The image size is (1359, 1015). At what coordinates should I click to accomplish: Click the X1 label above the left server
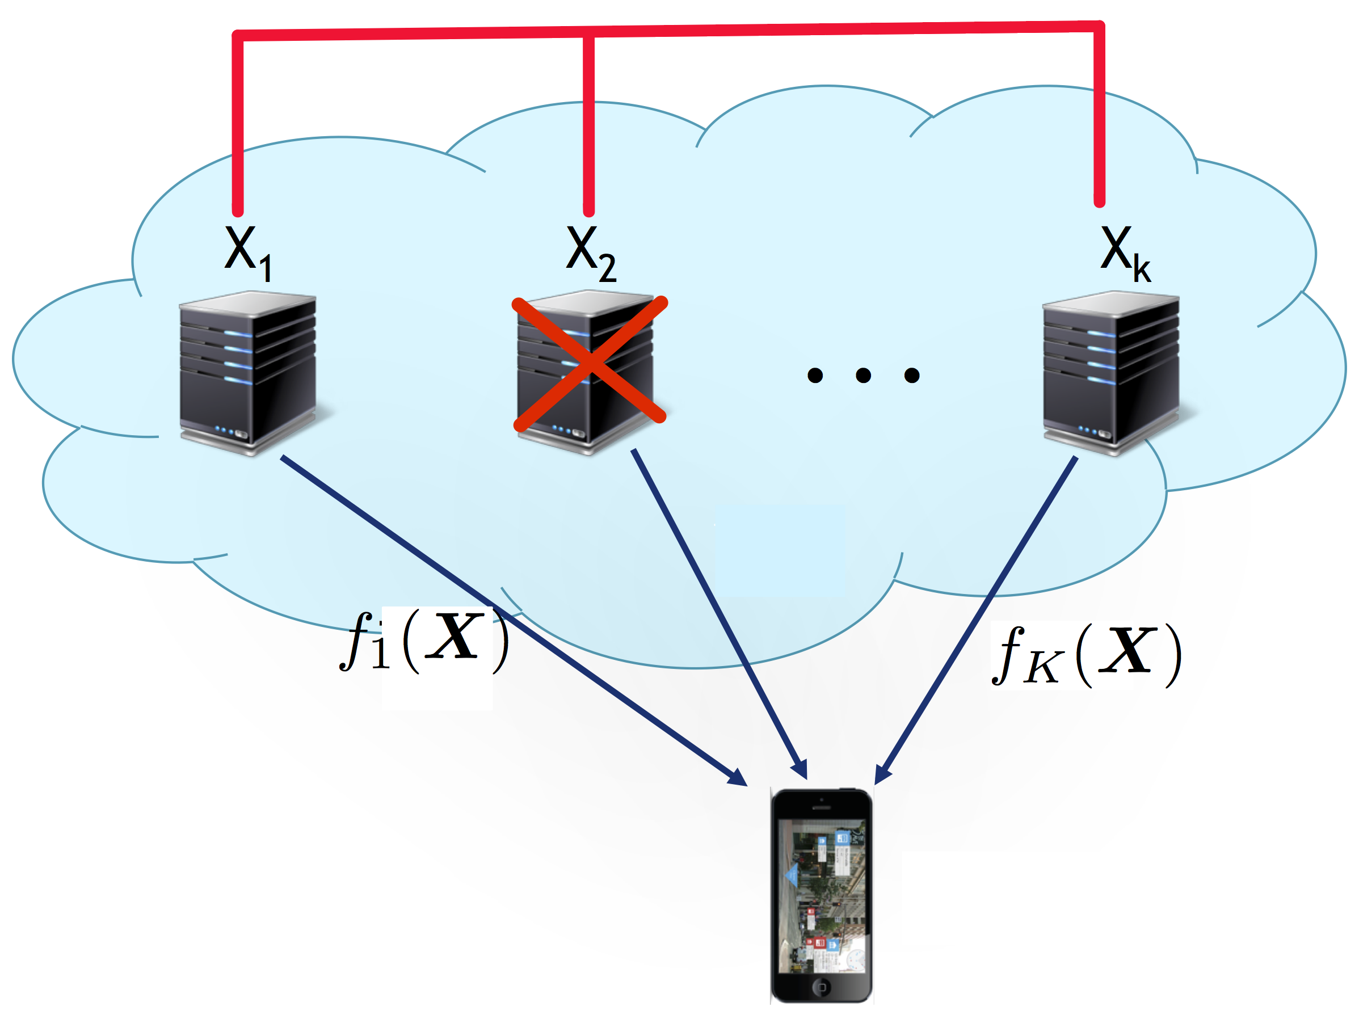point(247,252)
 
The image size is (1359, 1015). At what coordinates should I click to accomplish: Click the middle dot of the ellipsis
point(863,375)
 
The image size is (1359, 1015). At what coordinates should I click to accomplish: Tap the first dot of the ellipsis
point(815,375)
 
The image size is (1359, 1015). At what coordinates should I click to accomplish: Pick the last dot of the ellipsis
point(912,375)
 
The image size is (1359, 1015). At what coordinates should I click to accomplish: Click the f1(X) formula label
point(424,642)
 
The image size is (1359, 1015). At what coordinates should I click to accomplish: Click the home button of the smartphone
point(822,987)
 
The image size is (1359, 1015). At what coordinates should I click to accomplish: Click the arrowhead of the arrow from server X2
point(801,771)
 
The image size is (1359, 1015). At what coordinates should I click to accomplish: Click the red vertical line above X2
point(588,123)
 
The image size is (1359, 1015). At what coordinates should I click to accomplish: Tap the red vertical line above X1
point(238,123)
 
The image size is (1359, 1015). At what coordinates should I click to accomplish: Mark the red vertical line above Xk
point(1100,117)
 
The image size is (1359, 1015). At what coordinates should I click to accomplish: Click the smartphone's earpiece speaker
point(822,807)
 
